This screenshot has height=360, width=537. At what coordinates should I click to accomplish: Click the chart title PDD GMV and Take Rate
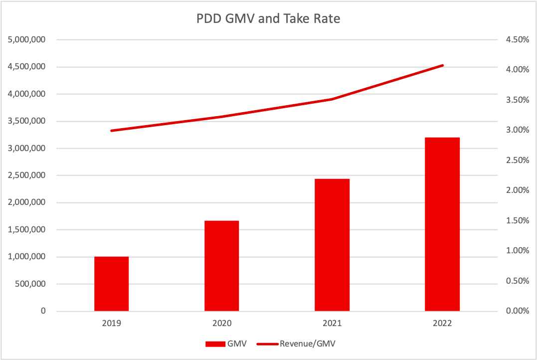[x=269, y=19]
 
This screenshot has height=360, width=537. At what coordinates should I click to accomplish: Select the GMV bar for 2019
[x=112, y=284]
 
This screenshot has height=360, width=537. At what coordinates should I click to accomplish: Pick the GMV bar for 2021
[x=332, y=245]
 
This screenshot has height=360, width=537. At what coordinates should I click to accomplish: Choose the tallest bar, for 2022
[x=442, y=224]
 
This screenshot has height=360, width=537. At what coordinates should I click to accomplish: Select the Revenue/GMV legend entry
[x=300, y=343]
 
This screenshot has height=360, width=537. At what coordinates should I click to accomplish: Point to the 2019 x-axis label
[x=112, y=323]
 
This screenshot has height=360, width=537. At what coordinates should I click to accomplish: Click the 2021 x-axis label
[x=332, y=323]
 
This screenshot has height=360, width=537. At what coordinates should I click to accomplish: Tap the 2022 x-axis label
[x=442, y=323]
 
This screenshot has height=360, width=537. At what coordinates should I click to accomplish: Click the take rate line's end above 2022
[x=442, y=65]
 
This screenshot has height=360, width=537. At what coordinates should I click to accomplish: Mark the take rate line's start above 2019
[x=112, y=131]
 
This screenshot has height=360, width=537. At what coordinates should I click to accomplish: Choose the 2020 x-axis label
[x=222, y=323]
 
